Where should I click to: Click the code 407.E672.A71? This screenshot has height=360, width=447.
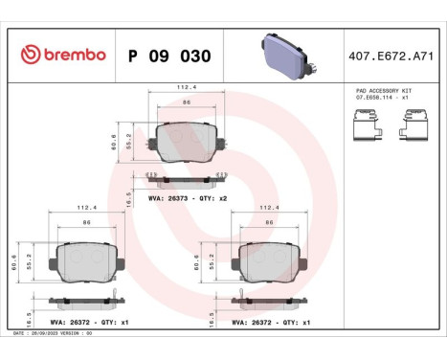(x=391, y=56)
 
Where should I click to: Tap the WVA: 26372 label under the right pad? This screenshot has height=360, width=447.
(x=271, y=323)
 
